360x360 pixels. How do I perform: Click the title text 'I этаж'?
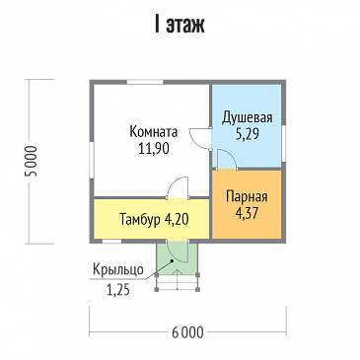[x=180, y=25]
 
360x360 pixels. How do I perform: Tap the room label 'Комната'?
[x=153, y=132]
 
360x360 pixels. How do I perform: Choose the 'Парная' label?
[x=248, y=194]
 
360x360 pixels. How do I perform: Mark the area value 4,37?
[x=248, y=209]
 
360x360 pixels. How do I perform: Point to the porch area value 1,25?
[x=118, y=288]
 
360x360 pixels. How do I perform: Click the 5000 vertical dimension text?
[x=29, y=162]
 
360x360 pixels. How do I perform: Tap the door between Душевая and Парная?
[x=224, y=160]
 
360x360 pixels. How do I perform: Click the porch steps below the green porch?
[x=178, y=284]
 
